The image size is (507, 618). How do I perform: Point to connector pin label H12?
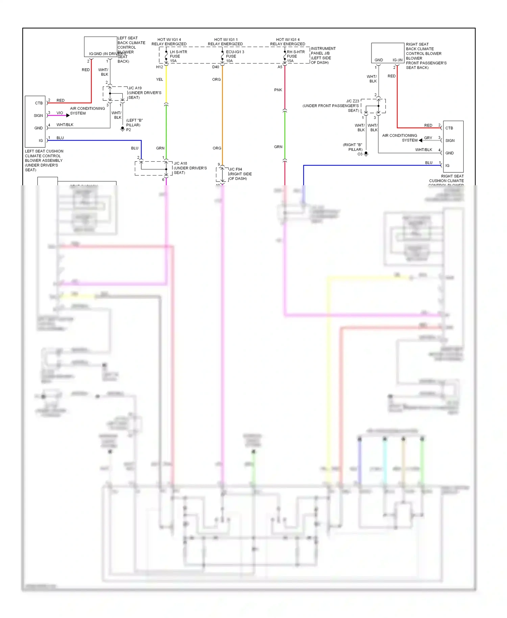point(160,67)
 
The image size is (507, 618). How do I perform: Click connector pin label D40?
point(216,67)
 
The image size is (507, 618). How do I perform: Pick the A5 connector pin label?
point(280,67)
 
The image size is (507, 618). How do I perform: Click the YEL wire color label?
point(160,79)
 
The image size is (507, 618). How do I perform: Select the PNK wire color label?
point(278,90)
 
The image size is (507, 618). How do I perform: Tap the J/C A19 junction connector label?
point(135,88)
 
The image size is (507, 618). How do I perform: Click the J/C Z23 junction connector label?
point(353,101)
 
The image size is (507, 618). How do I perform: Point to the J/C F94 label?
point(236,169)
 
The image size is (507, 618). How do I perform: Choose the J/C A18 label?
point(180,163)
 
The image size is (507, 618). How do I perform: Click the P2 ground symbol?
point(123,129)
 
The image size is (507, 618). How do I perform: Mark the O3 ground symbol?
point(366,154)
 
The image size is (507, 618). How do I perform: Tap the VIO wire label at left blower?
point(60,113)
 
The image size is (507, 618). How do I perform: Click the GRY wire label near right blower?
point(428,138)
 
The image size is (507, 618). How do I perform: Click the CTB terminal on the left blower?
point(39,103)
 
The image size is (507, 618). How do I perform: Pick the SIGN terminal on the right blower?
point(450,141)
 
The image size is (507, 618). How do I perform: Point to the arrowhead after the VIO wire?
point(68,116)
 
